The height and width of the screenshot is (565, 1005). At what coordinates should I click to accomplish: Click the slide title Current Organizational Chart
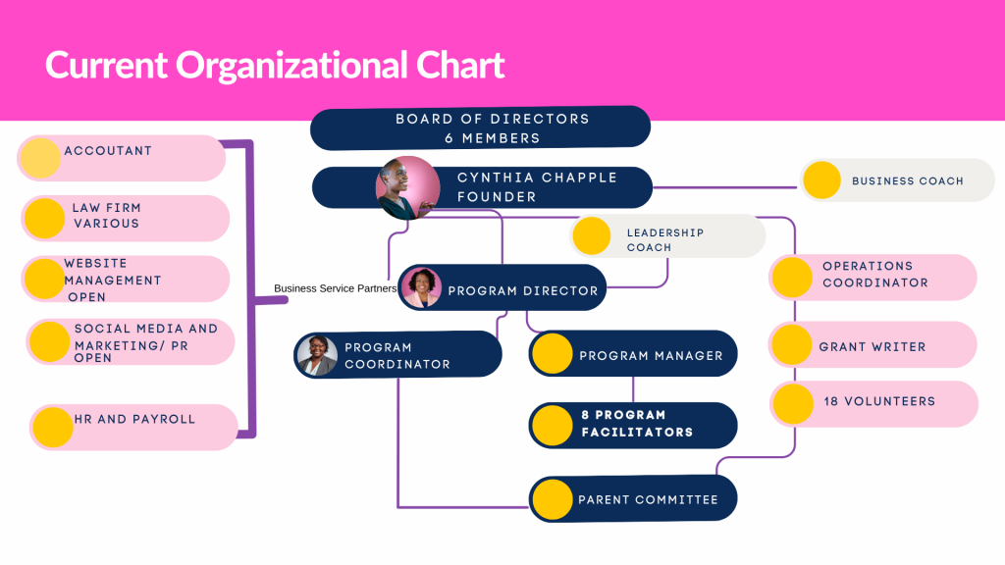click(275, 65)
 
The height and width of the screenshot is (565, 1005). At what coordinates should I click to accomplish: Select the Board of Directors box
click(481, 128)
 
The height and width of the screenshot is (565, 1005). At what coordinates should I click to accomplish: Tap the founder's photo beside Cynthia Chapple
click(407, 187)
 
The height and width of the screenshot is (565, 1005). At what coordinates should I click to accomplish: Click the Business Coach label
click(907, 181)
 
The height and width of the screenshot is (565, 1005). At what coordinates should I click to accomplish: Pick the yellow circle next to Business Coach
click(821, 180)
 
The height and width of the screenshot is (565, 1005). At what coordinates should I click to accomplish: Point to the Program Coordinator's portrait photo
click(317, 356)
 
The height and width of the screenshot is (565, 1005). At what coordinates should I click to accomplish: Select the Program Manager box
click(633, 354)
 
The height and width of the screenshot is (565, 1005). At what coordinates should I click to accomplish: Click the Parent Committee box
click(633, 498)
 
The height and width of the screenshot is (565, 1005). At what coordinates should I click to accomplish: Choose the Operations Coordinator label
click(874, 275)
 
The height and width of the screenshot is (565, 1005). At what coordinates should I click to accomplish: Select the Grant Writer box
click(873, 345)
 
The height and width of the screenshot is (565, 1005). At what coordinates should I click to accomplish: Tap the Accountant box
click(122, 158)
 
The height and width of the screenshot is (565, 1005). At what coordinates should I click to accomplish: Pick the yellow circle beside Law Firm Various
click(44, 218)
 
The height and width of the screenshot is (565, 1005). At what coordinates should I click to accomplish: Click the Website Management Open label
click(112, 280)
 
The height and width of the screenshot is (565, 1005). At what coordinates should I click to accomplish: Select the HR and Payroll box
click(134, 426)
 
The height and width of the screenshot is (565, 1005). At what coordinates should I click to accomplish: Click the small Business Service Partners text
click(335, 288)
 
